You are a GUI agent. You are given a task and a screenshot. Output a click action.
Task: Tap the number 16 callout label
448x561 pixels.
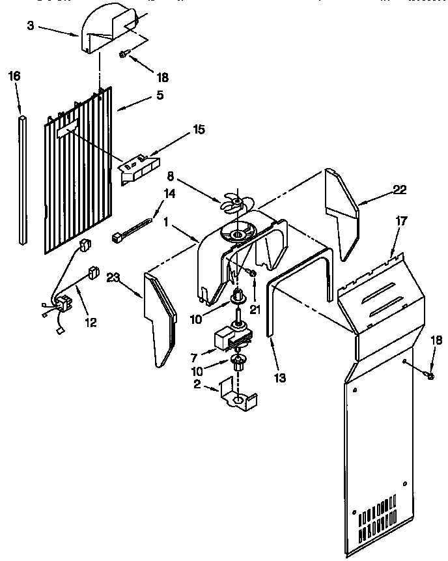[x=14, y=76]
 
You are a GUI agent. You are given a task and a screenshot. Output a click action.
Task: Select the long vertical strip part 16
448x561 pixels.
[x=24, y=179]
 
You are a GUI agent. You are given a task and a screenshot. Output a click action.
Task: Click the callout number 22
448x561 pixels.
[x=399, y=190]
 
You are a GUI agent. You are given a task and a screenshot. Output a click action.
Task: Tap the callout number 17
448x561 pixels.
[x=401, y=221]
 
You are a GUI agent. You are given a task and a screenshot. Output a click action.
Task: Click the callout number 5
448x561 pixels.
[x=160, y=95]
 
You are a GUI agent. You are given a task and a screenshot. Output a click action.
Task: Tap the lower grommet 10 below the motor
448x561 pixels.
[x=238, y=363]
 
